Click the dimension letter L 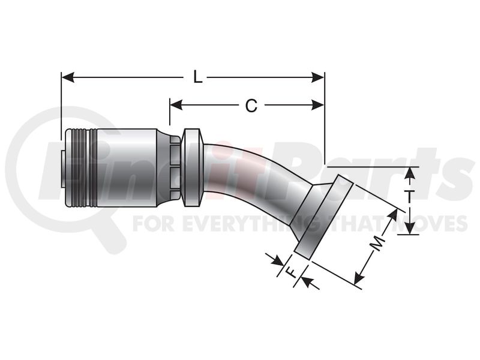198,77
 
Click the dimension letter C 251,106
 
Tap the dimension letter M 377,243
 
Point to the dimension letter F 290,271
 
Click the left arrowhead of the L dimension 68,77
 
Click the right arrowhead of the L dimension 318,77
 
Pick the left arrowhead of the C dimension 176,104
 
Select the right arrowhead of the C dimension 318,104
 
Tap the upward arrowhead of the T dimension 410,174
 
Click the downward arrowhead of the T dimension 410,228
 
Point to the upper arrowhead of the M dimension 393,215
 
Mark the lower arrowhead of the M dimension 359,277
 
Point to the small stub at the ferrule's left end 63,168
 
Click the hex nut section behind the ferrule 175,167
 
